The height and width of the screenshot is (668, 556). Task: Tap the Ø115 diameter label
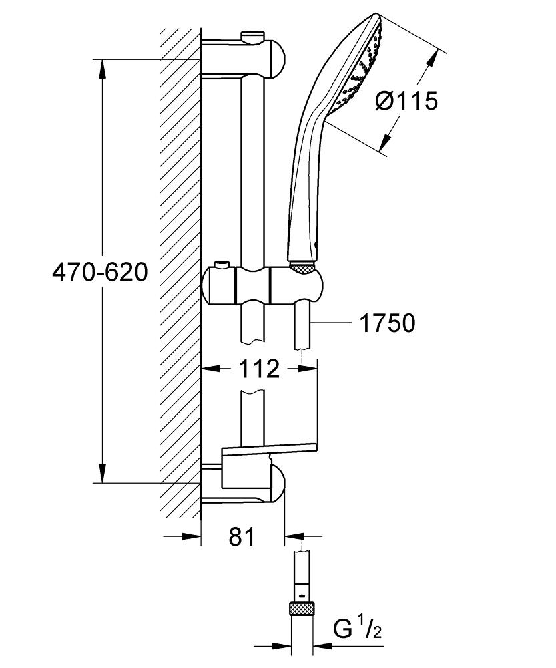pos(406,101)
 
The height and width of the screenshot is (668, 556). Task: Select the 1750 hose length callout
pos(387,323)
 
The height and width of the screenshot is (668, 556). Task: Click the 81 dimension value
pos(242,536)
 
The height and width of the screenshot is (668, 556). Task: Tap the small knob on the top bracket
pos(252,35)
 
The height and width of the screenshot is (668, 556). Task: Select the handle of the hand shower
pos(304,187)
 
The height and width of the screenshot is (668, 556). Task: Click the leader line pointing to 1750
pos(331,323)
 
